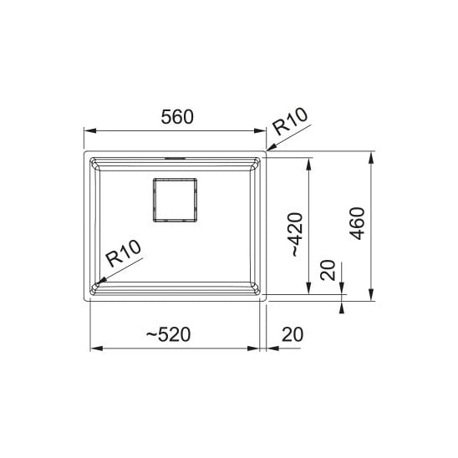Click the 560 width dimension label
coord(177,116)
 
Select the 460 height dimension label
coord(357,223)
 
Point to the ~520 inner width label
coord(168,334)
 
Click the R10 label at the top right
coord(290,121)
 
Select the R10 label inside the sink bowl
coord(123,253)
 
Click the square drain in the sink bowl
coord(175,200)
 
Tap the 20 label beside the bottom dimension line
coord(293,334)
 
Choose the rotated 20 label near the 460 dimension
coord(328,270)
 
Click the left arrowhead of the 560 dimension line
coord(89,130)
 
